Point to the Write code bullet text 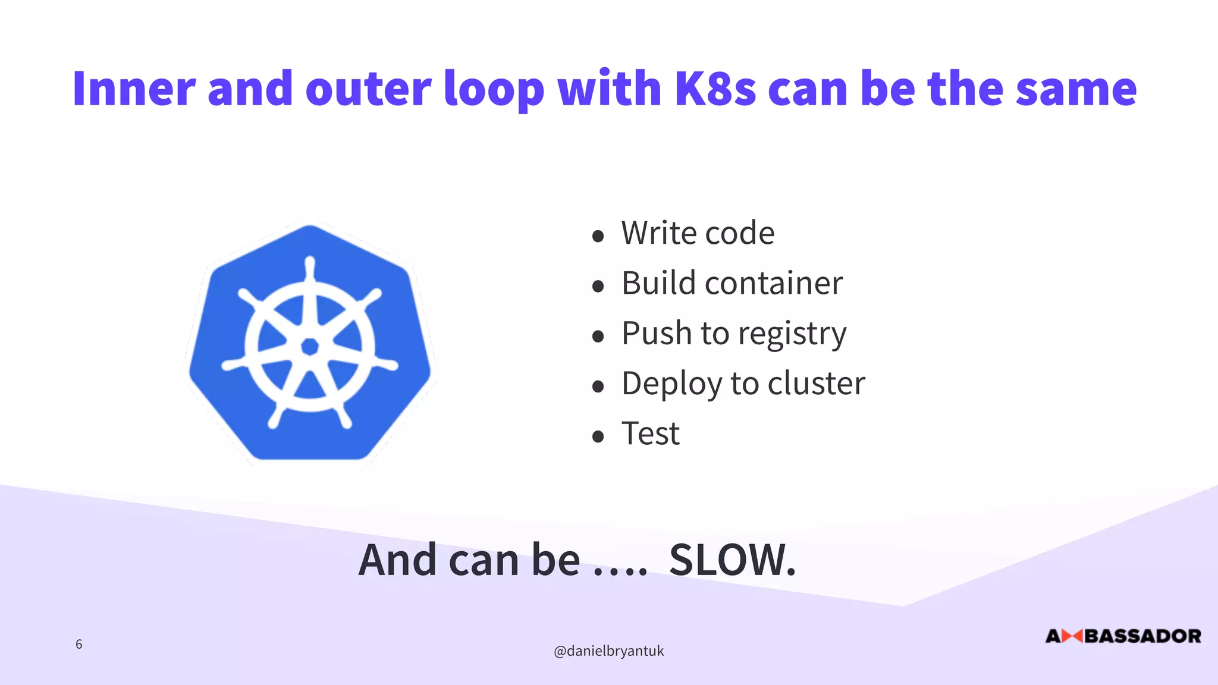coord(698,232)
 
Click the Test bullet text coord(650,433)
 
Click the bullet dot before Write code coord(598,236)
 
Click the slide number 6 coord(79,644)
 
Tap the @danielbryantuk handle coord(608,651)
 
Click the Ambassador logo coord(1123,636)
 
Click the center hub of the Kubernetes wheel coord(309,346)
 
